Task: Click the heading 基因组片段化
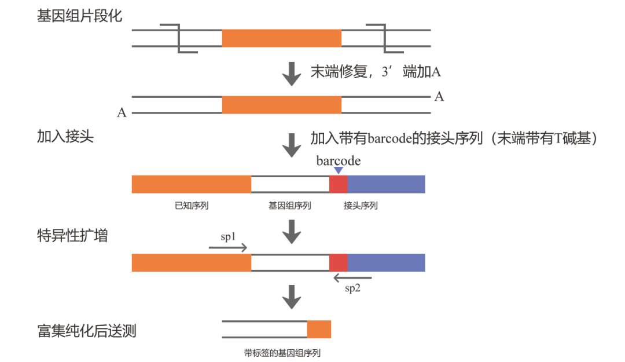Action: [x=79, y=16]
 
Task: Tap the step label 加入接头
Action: [x=65, y=137]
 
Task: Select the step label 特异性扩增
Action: [x=72, y=236]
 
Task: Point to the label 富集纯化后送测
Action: [x=87, y=331]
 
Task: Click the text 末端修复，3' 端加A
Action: [x=376, y=72]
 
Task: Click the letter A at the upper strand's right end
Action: [x=439, y=97]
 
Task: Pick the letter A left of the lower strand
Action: [x=122, y=113]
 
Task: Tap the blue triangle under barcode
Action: [x=339, y=170]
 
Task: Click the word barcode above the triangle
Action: [x=339, y=160]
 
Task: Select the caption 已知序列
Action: [x=192, y=206]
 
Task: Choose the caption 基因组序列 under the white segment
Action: [x=290, y=206]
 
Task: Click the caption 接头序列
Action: [x=361, y=206]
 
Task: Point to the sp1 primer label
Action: [x=228, y=237]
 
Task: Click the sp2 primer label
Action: [x=353, y=288]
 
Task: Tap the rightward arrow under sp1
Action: [x=228, y=248]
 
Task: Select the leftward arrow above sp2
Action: [x=353, y=278]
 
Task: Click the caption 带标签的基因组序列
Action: [x=282, y=353]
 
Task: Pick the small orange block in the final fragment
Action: [x=319, y=329]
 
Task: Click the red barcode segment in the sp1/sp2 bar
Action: [x=339, y=262]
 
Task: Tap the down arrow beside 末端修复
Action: [x=292, y=74]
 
